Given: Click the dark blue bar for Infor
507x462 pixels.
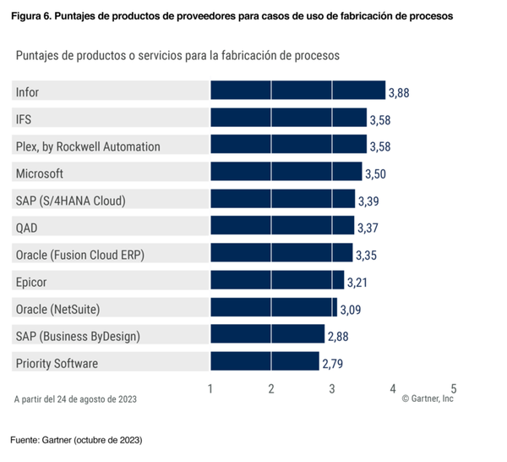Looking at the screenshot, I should point(297,91).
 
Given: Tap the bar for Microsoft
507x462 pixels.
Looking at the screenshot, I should point(286,173).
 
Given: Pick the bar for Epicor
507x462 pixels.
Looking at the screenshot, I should point(277,281).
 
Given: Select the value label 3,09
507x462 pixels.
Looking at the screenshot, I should point(351,309).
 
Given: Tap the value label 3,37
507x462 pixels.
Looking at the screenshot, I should point(368,228).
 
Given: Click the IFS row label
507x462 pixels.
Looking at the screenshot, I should point(24,118).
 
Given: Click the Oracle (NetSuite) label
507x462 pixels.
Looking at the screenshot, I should point(63,309).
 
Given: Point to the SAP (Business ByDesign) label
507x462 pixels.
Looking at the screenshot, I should point(78,336).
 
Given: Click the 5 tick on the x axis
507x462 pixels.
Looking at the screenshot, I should point(454,388).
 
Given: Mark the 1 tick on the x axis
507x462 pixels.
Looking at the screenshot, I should point(210,388).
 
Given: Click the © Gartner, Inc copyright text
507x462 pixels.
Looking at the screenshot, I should point(428,399).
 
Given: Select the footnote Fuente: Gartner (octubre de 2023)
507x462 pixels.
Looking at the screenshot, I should point(76,441).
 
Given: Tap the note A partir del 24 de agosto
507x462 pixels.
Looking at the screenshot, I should point(75,398).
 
